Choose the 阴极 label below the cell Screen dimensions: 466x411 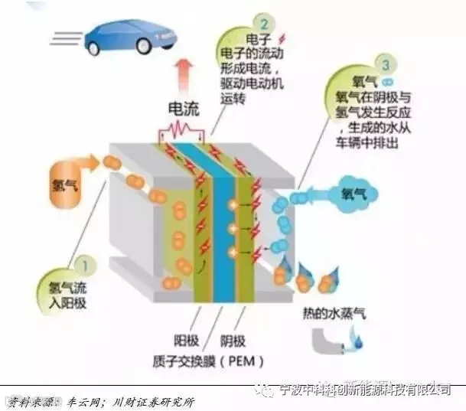coord(232,339)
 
